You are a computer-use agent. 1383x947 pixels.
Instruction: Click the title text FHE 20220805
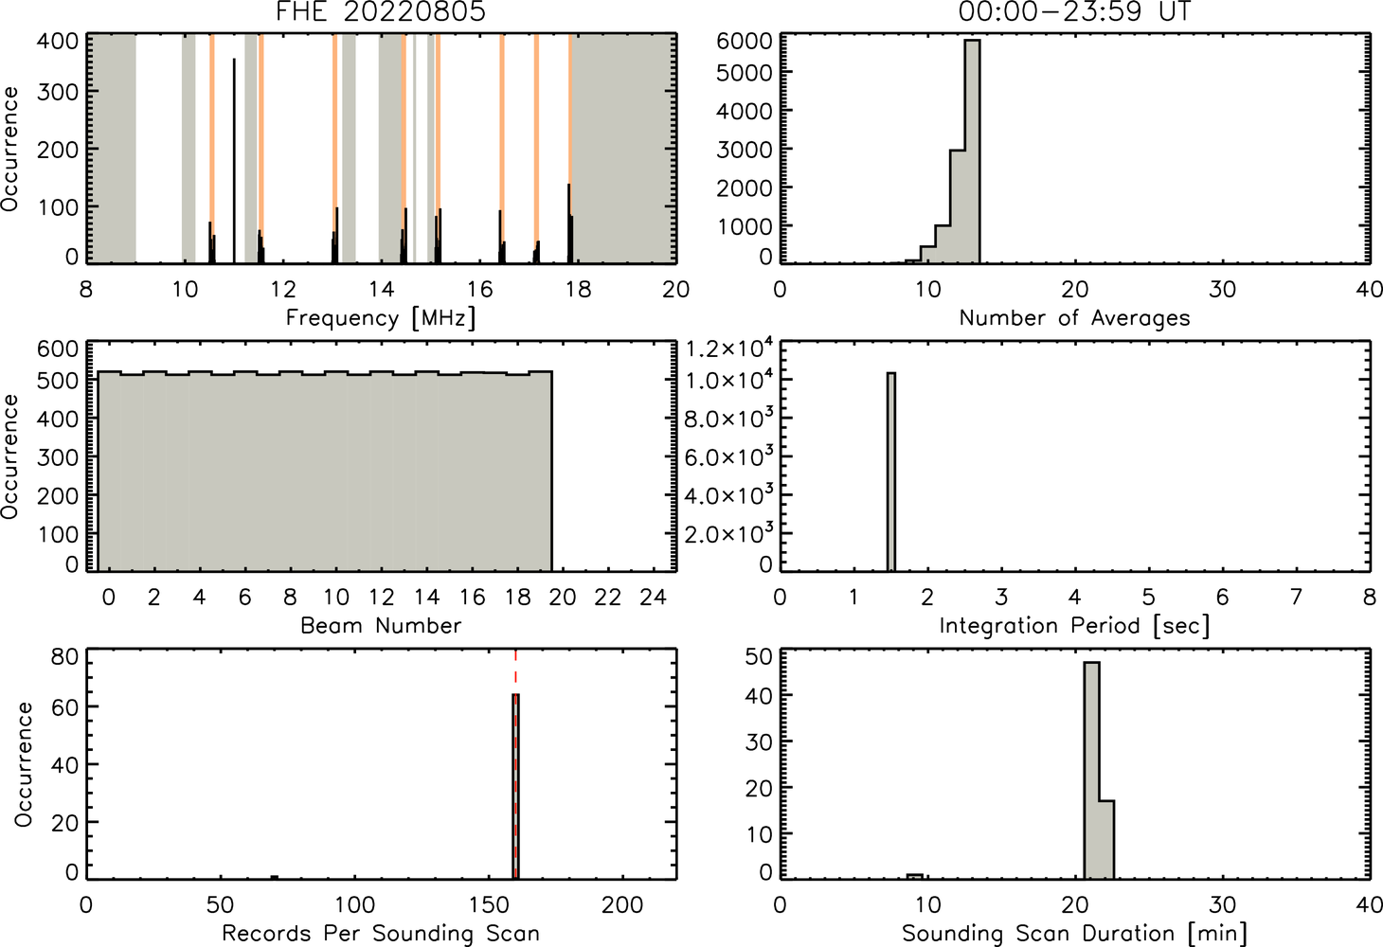pyautogui.click(x=381, y=11)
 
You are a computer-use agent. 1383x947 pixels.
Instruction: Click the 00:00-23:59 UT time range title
pyautogui.click(x=1074, y=11)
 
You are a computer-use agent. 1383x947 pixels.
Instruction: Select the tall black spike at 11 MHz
pyautogui.click(x=234, y=160)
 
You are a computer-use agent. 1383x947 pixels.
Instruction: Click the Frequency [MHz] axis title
pyautogui.click(x=381, y=318)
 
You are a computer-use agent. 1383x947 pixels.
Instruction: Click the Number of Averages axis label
pyautogui.click(x=1074, y=318)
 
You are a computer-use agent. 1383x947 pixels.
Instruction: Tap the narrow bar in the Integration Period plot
pyautogui.click(x=891, y=473)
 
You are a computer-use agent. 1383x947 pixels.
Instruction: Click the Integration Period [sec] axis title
pyautogui.click(x=1074, y=626)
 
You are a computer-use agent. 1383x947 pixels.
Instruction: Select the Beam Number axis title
pyautogui.click(x=381, y=626)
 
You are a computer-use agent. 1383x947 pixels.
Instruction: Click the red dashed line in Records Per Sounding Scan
pyautogui.click(x=515, y=764)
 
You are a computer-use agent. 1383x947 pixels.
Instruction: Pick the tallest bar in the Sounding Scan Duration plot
pyautogui.click(x=1091, y=771)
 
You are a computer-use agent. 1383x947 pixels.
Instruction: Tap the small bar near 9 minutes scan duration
pyautogui.click(x=915, y=877)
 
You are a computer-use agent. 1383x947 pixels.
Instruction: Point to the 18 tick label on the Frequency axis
pyautogui.click(x=578, y=289)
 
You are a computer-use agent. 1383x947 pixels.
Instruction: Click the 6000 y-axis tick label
pyautogui.click(x=744, y=41)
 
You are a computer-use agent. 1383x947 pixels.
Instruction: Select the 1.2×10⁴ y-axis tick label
pyautogui.click(x=729, y=348)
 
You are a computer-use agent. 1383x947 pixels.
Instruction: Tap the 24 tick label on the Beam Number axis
pyautogui.click(x=654, y=597)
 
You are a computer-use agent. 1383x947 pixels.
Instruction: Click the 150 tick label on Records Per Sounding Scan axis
pyautogui.click(x=489, y=905)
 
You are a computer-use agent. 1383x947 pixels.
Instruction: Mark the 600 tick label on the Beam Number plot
pyautogui.click(x=58, y=348)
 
